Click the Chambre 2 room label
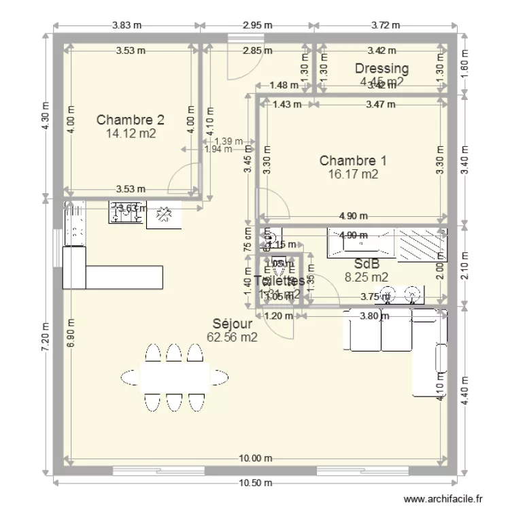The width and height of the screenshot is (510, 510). [130, 120]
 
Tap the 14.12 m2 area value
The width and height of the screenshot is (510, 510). [130, 133]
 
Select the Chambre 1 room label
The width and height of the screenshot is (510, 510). [353, 160]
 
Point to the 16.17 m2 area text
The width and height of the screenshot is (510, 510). [353, 174]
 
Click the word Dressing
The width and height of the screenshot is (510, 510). [381, 68]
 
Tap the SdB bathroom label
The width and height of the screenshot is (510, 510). [367, 264]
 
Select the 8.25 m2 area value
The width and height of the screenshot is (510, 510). [367, 277]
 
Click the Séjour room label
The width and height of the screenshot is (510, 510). [232, 324]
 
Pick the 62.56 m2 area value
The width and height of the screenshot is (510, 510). [232, 337]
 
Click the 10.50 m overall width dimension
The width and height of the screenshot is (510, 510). [255, 483]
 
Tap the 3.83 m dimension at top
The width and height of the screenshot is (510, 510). [127, 25]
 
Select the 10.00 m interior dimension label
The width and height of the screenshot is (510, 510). [255, 458]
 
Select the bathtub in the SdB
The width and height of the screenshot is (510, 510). [360, 242]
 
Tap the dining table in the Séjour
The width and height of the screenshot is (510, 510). [173, 377]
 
